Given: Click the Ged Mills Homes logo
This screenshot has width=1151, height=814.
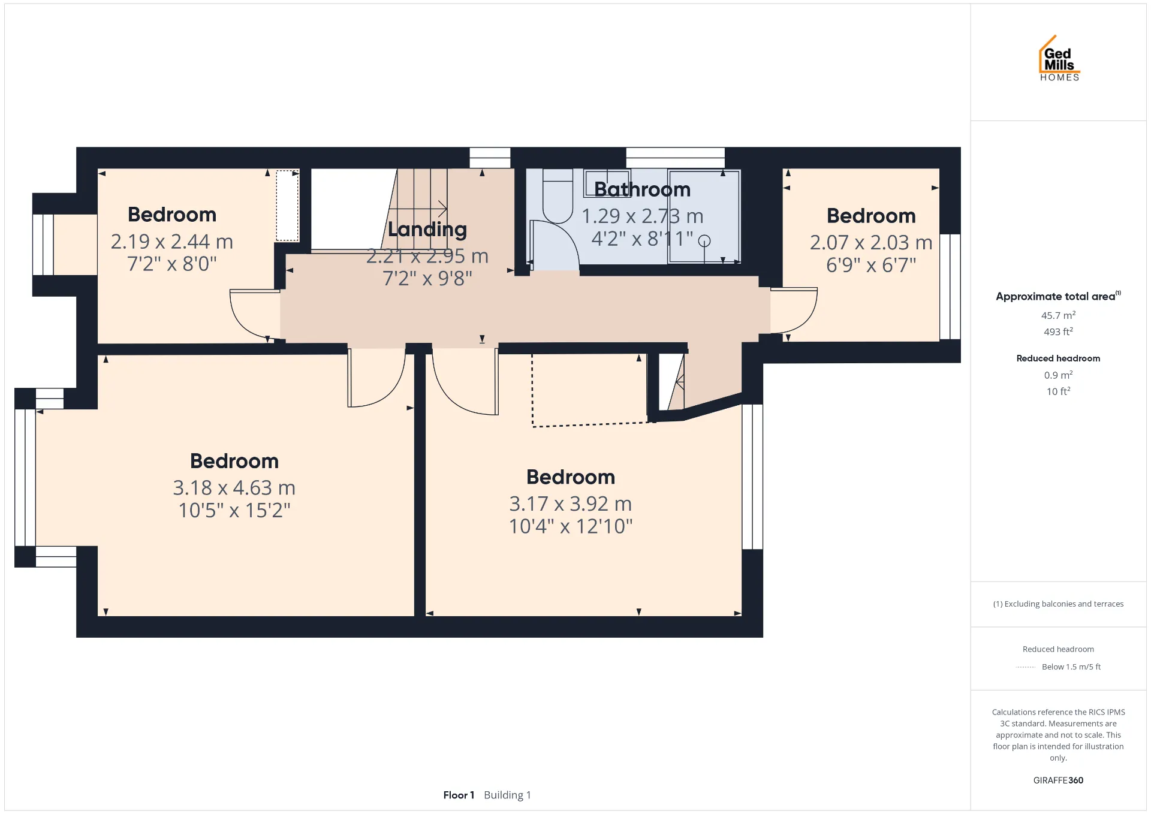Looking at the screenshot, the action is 1059,58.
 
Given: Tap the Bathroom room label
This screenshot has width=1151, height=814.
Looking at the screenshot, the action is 642,189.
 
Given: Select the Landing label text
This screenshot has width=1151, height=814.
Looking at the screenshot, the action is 427,230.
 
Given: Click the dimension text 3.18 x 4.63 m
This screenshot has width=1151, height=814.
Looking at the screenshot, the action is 234,488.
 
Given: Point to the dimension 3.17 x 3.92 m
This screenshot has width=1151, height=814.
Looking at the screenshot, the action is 570,504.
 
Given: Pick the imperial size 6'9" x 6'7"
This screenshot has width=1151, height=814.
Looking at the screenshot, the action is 871,265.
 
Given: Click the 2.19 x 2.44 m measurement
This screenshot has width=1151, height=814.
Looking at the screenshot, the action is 171,242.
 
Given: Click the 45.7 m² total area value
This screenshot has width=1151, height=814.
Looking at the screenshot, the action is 1058,315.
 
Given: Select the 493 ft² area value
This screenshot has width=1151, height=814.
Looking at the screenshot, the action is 1058,331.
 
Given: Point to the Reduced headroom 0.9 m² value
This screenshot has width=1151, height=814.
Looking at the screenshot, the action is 1058,375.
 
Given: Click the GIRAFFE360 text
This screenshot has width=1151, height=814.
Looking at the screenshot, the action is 1058,780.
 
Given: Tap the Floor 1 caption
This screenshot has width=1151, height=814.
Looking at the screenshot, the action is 459,795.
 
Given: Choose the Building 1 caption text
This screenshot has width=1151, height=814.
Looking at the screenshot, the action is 507,795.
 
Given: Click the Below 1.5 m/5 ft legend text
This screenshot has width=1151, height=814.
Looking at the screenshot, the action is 1071,667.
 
